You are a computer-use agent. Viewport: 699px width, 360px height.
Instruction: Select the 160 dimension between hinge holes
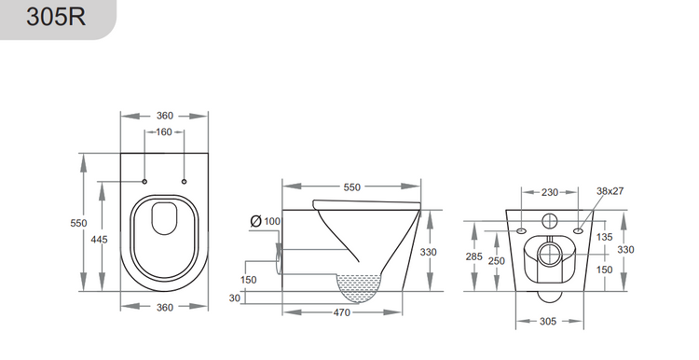coord(164,132)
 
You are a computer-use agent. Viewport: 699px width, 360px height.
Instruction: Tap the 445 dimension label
coord(99,240)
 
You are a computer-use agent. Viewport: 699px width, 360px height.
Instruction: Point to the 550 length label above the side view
coord(351,187)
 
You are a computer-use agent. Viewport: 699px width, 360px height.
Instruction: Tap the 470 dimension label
coord(341,312)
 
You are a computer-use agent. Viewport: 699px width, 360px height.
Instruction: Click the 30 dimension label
coord(234,298)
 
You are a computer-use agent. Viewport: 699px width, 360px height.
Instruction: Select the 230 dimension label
coord(549,192)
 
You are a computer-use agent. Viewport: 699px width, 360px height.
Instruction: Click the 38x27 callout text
coord(610,191)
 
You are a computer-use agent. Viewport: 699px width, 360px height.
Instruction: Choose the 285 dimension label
coord(474,256)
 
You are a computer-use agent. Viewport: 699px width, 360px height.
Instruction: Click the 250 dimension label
coord(496,260)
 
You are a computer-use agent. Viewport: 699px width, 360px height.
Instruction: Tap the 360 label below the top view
coord(164,307)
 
